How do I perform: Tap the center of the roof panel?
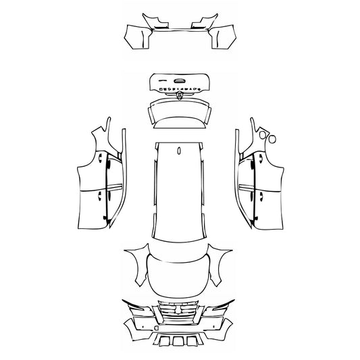(x=179, y=192)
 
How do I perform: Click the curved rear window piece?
(x=180, y=111)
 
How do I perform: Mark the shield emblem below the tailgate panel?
(x=180, y=98)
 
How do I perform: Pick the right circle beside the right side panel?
(x=273, y=138)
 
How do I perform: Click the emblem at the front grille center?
(x=180, y=311)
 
